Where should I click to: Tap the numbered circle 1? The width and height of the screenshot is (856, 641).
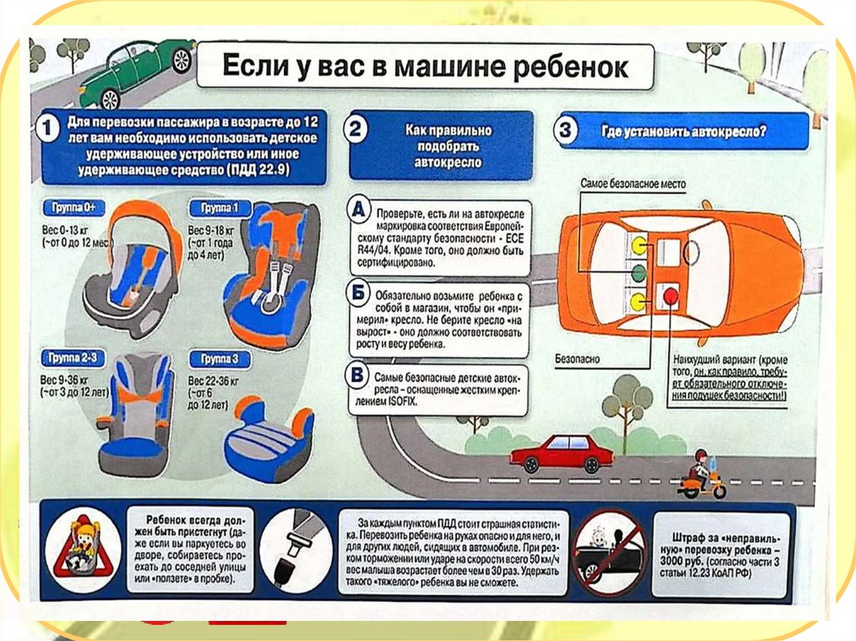pos(47,130)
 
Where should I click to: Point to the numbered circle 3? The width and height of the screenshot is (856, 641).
pos(567,131)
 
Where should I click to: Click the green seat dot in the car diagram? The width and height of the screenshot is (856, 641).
pos(638,272)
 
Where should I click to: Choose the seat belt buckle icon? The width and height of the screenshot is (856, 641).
pos(295,548)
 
